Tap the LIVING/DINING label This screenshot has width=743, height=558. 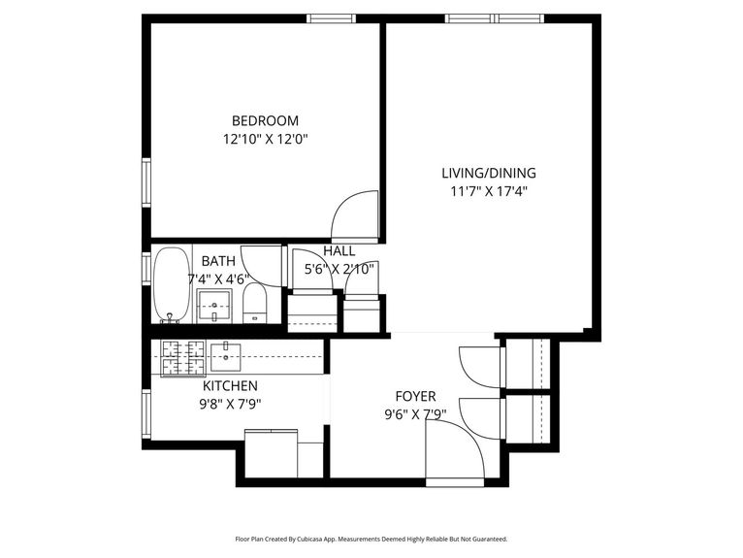click(x=488, y=174)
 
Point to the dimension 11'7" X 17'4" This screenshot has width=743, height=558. click(x=488, y=191)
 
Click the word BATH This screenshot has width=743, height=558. click(x=217, y=261)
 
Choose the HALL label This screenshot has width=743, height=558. click(x=339, y=250)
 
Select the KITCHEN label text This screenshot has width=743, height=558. click(x=229, y=386)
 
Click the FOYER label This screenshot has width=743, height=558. click(x=415, y=396)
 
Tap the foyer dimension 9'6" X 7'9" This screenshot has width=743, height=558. click(x=415, y=413)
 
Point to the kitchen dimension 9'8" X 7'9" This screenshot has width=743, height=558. click(x=230, y=404)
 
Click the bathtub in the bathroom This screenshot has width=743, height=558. click(x=172, y=285)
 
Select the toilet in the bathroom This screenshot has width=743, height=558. click(x=254, y=303)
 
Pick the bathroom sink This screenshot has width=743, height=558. click(x=213, y=305)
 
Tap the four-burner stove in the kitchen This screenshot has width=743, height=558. click(x=182, y=358)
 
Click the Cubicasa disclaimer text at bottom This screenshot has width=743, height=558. click(x=371, y=539)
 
